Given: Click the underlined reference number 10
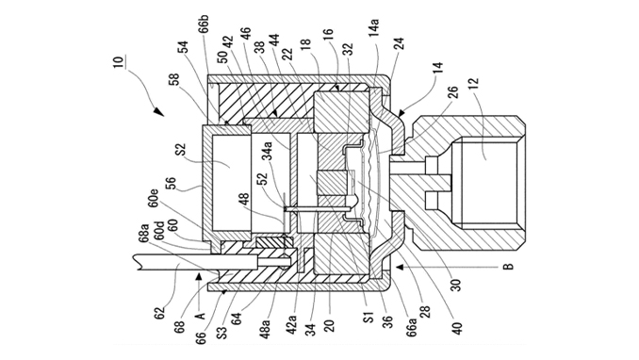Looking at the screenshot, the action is [x=118, y=62].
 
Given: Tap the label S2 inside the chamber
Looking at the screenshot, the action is [x=181, y=150].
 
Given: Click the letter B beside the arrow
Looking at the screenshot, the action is [x=509, y=267].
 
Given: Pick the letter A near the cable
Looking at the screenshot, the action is [x=200, y=315].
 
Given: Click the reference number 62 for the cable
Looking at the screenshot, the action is [x=160, y=312].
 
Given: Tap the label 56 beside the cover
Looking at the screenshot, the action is [x=172, y=185].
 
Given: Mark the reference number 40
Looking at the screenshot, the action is [x=457, y=328].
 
